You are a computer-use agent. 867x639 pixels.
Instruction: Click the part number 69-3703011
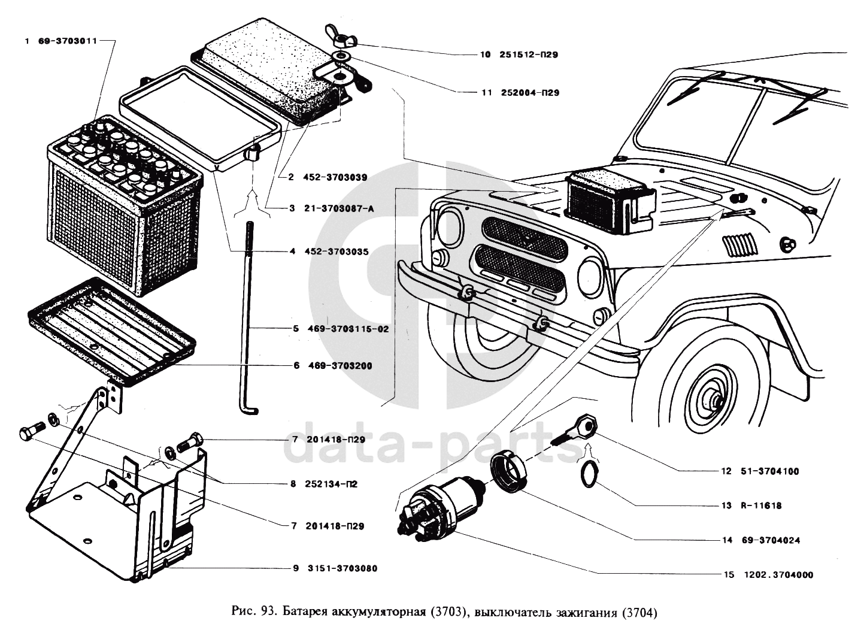(x=67, y=41)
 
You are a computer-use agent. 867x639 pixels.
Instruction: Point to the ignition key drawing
(x=578, y=429)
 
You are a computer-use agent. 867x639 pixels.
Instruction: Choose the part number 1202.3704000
(x=778, y=575)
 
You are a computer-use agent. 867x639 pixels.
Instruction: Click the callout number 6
(x=296, y=366)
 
